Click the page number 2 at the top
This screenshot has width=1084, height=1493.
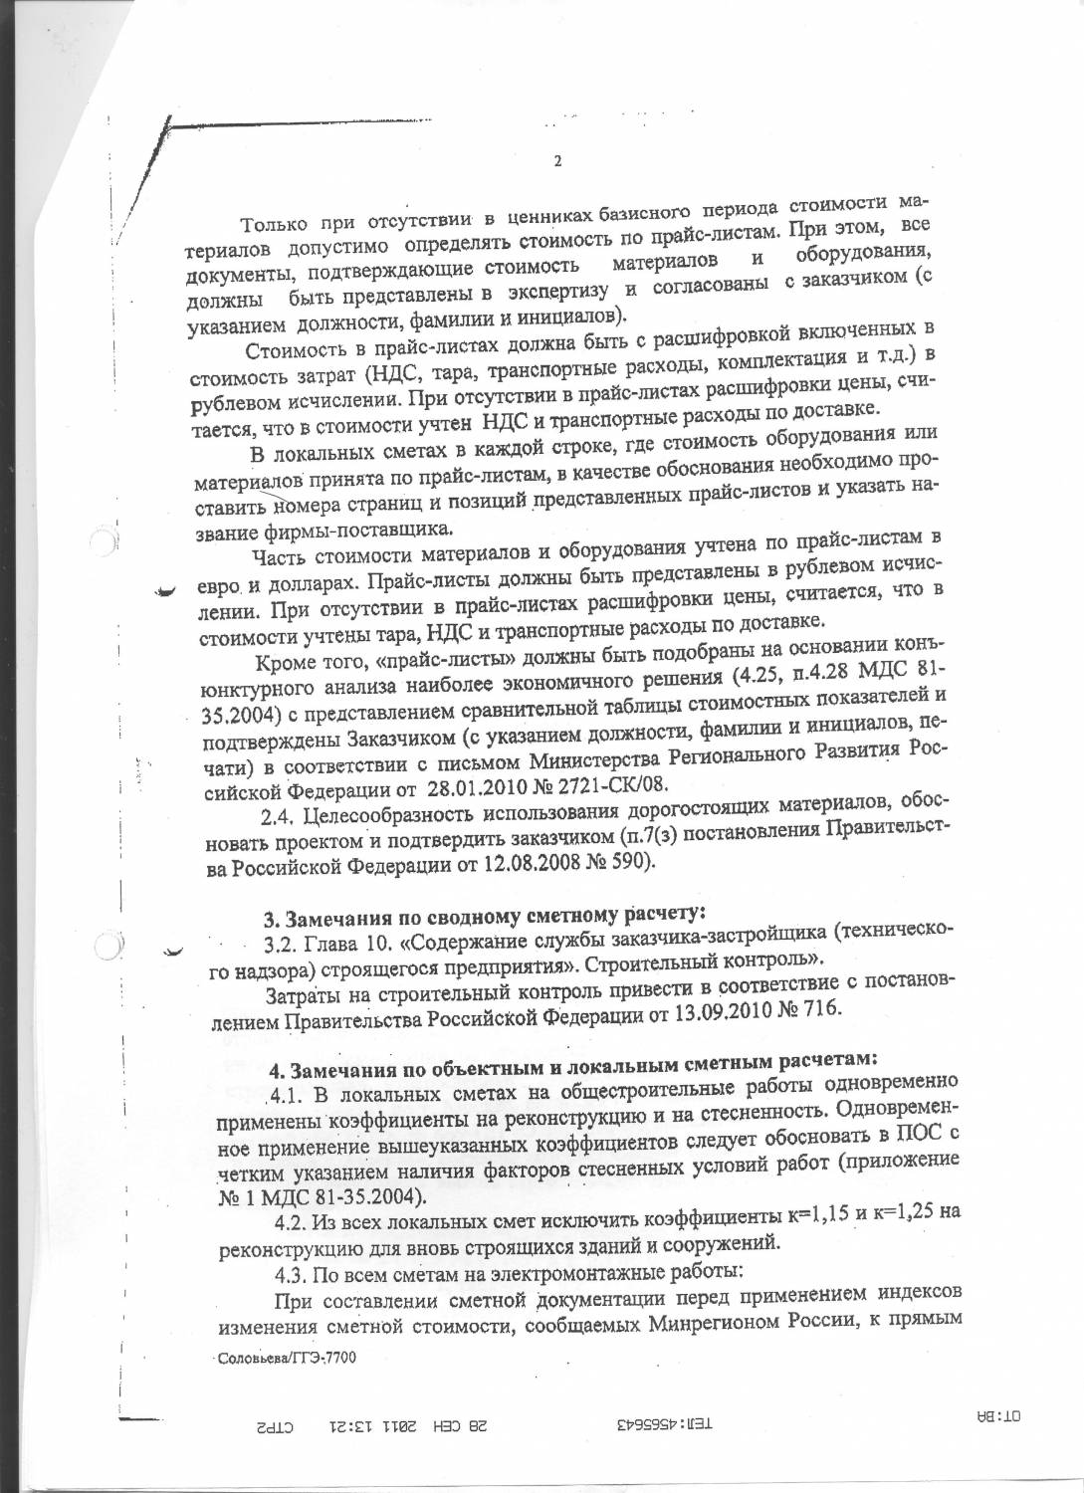(557, 162)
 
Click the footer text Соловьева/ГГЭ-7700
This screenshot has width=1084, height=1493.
(288, 1357)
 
